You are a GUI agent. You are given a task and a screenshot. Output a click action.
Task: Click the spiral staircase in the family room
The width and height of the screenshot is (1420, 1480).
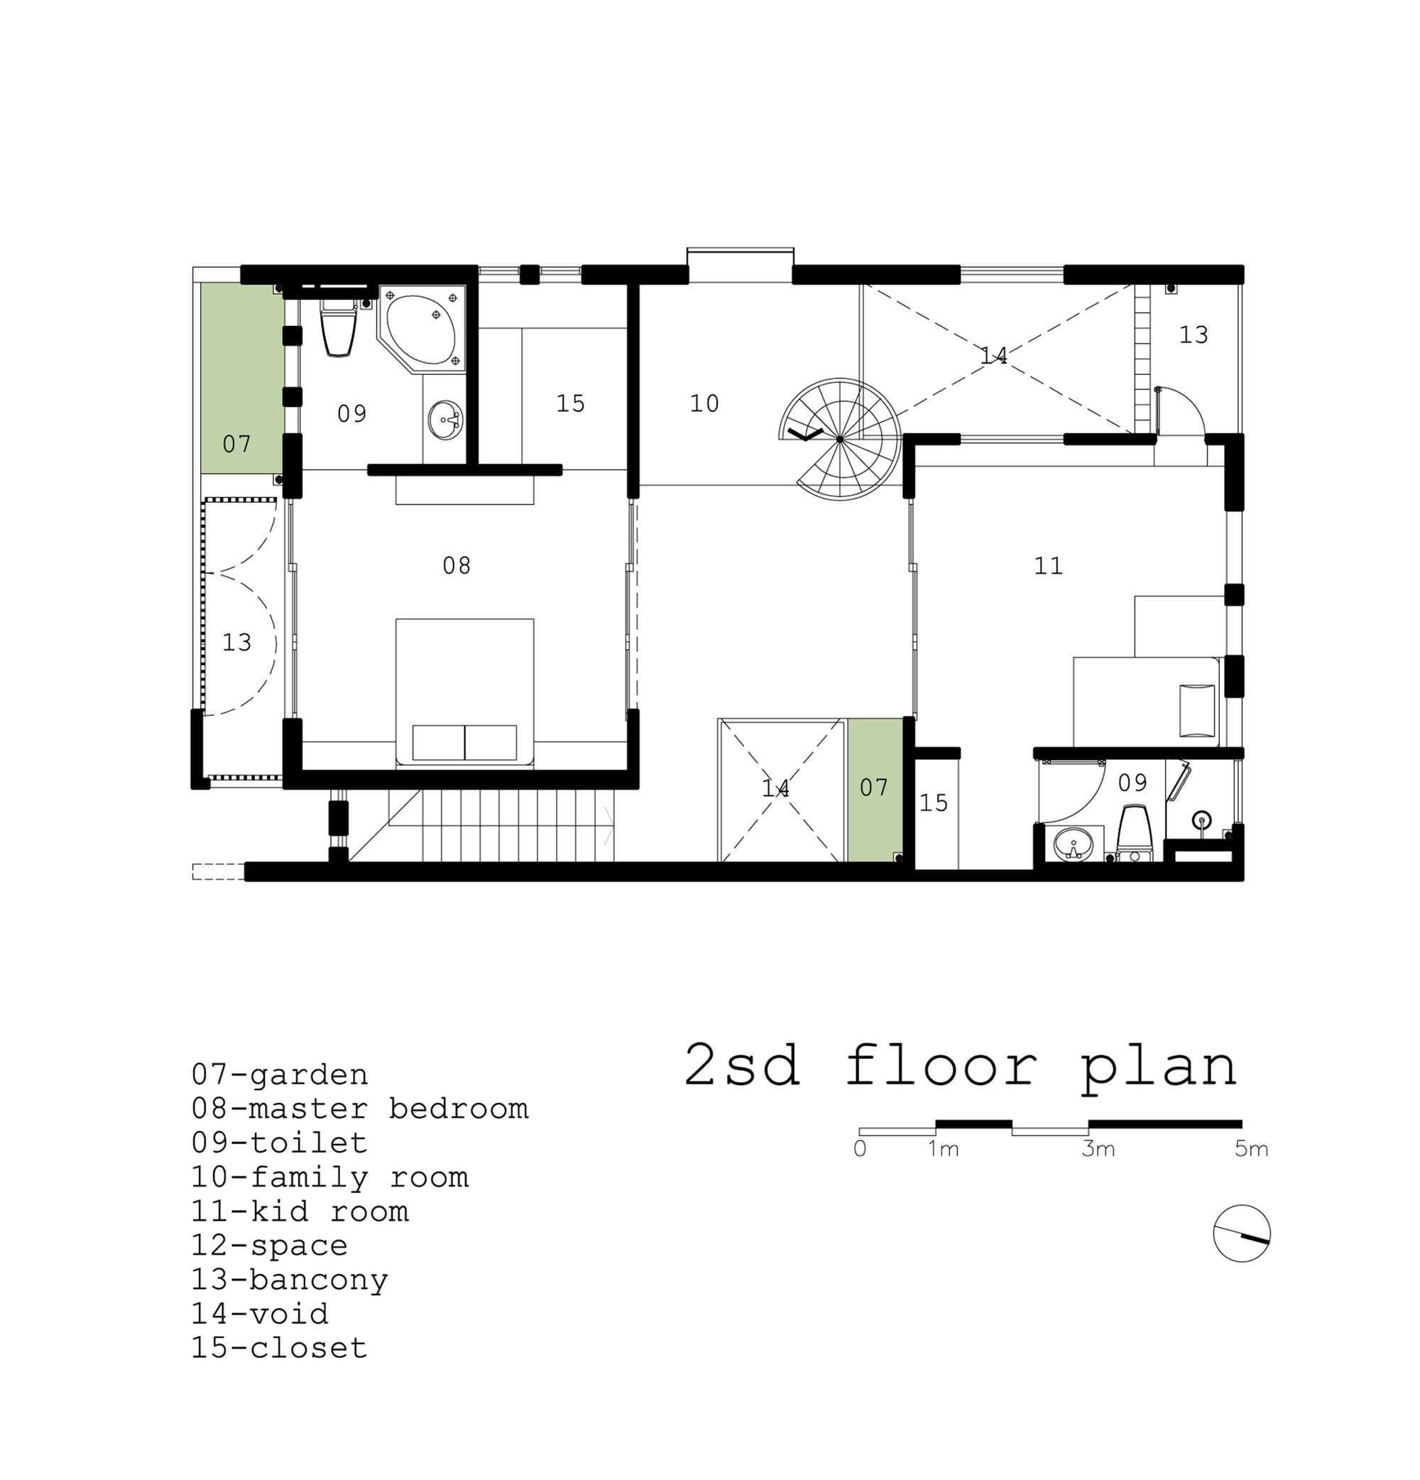[x=839, y=439]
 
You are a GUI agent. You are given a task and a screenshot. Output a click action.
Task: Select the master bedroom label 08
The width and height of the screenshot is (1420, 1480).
[x=457, y=565]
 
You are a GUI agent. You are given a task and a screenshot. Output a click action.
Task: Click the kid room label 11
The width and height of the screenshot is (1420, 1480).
[x=1048, y=565]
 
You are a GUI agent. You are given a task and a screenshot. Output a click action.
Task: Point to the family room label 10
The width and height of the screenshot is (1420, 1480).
[x=704, y=403]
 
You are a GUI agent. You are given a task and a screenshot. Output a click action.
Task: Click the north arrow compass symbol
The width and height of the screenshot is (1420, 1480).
[x=1242, y=1234]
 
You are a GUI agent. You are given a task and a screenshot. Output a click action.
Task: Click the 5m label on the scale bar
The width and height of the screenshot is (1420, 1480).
[x=1252, y=1149]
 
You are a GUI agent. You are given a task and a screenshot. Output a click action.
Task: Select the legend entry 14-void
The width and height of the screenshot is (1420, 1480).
[x=260, y=1313]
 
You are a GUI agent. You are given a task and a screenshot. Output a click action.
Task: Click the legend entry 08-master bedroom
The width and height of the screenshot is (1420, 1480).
[x=359, y=1109]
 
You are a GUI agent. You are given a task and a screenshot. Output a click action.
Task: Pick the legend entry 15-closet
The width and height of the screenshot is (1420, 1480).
[x=279, y=1347]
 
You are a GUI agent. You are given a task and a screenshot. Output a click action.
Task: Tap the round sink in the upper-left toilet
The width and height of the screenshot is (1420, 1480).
[x=444, y=420]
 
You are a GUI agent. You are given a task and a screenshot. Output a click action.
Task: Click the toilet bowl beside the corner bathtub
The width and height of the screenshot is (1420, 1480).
[x=339, y=329]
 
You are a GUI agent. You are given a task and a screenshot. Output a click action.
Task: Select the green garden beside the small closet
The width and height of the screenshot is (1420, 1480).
[x=874, y=790]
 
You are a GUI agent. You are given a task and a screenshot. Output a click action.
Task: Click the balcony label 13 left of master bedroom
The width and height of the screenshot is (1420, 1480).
[x=236, y=643]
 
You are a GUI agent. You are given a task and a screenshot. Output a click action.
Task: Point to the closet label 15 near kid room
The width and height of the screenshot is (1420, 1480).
[x=933, y=802]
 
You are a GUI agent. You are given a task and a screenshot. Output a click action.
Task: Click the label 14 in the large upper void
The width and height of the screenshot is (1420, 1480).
[x=993, y=355]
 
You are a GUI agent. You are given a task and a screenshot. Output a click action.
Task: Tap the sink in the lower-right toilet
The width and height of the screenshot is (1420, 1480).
[x=1072, y=844]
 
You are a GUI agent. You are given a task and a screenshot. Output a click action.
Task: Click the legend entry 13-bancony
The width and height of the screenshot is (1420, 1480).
[x=289, y=1279]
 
